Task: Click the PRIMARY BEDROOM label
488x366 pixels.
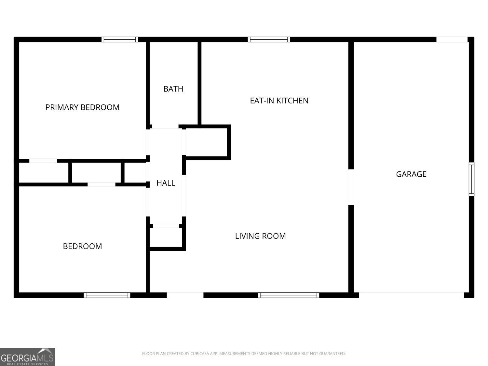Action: tap(82, 107)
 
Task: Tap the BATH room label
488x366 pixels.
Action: tap(173, 89)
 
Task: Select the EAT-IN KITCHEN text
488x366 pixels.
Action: tap(279, 101)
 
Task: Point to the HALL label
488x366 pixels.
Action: tap(166, 183)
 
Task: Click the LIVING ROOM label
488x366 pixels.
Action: tap(260, 236)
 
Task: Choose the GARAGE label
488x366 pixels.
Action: tap(411, 174)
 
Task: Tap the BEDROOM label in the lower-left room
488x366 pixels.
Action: tap(82, 246)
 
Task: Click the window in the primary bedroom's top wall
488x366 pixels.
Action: tap(120, 40)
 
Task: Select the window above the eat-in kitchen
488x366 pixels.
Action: tap(269, 40)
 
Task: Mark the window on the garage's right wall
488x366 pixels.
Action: tap(471, 179)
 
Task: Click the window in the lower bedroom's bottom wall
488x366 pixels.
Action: tap(107, 295)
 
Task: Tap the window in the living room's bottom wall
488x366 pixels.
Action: tap(288, 295)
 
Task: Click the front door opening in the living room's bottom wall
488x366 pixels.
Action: tap(185, 295)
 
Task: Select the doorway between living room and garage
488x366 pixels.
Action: tap(351, 187)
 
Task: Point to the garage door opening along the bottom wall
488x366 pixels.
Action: tap(412, 295)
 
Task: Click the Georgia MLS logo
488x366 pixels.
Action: tap(27, 357)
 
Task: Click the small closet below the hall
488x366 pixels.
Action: tap(166, 237)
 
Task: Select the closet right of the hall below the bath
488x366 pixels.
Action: tap(206, 142)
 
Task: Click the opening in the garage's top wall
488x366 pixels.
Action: tap(452, 40)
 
